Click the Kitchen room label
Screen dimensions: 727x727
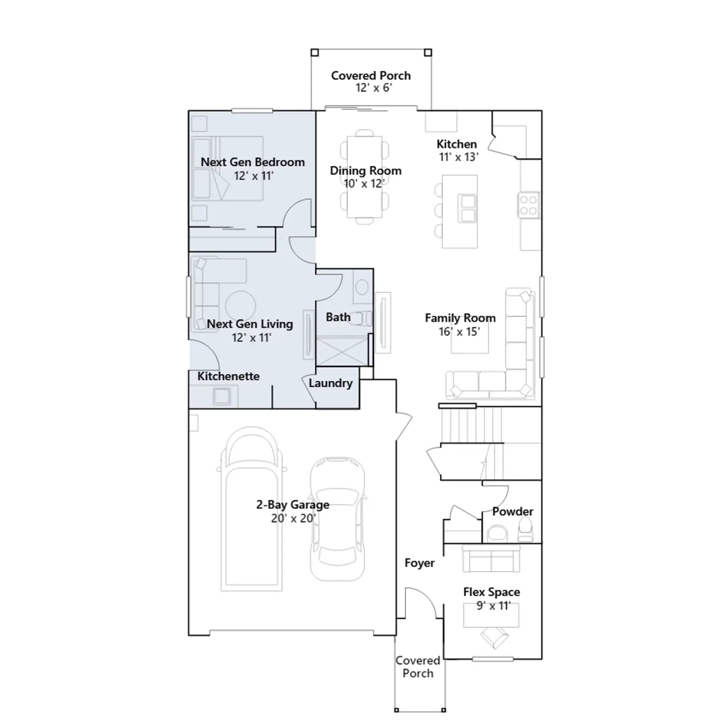coord(457,144)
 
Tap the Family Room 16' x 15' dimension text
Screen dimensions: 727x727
coord(459,332)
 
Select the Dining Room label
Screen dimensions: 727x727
coord(366,170)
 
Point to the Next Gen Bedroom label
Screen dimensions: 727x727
coord(253,162)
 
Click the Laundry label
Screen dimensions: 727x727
coord(330,383)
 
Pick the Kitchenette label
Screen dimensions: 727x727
coord(229,376)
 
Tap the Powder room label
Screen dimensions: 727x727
coord(513,512)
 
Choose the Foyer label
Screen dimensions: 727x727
coord(419,563)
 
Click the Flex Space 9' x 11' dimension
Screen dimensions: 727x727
coord(493,606)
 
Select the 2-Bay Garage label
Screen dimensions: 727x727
coord(293,505)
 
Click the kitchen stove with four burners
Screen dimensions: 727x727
coord(529,205)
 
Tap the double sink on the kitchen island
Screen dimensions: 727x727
coord(467,208)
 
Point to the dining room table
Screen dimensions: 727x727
coord(364,177)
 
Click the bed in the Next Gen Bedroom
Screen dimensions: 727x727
coord(227,169)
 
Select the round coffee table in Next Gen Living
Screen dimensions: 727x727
coord(240,306)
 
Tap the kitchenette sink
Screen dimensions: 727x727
coord(222,396)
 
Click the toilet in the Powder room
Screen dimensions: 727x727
coord(526,530)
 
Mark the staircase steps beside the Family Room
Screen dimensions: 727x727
coord(471,424)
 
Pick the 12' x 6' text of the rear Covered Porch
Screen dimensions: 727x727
coord(373,88)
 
